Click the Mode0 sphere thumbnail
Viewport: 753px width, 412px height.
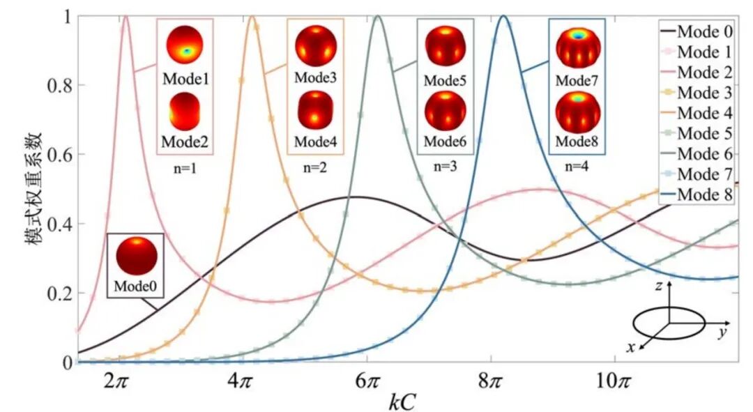pyautogui.click(x=135, y=254)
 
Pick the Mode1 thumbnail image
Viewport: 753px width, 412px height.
pyautogui.click(x=184, y=46)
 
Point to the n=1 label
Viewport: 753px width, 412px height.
pyautogui.click(x=185, y=168)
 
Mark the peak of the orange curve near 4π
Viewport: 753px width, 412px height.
pyautogui.click(x=252, y=15)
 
